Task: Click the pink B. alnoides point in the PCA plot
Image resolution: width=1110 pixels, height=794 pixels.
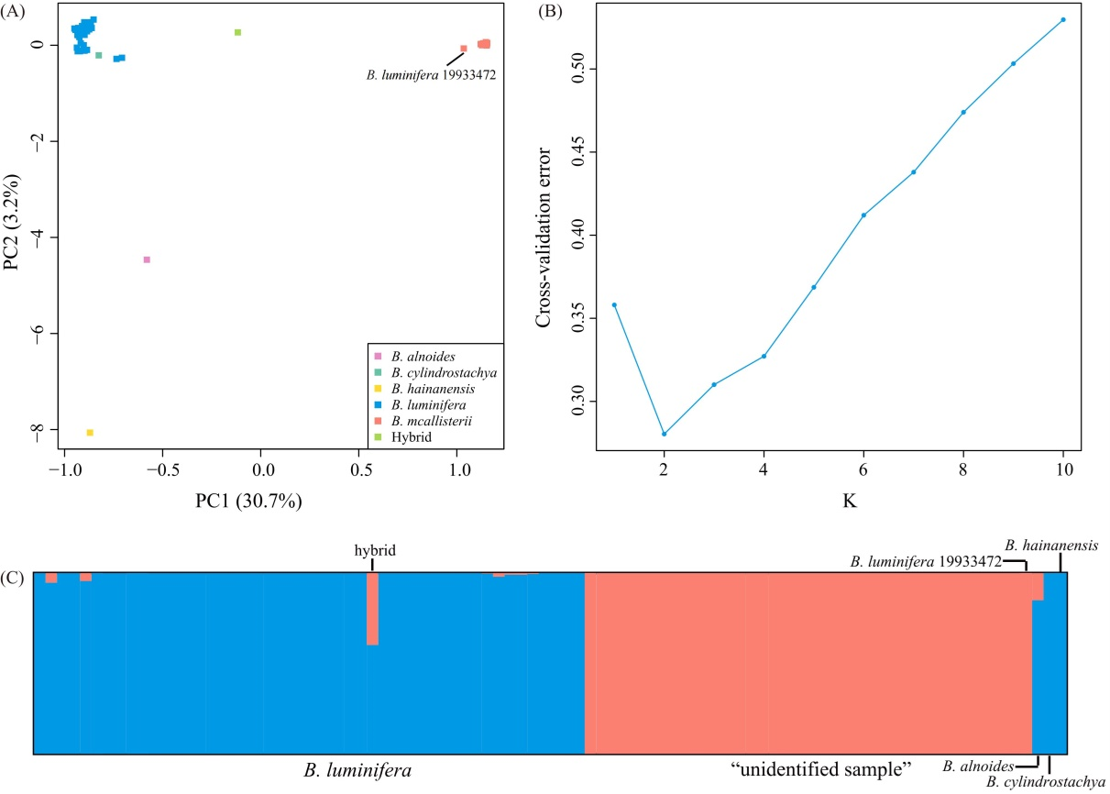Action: (146, 259)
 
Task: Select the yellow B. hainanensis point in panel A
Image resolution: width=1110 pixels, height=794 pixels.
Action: (90, 432)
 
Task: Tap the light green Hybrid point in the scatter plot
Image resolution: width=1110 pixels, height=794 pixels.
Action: (237, 32)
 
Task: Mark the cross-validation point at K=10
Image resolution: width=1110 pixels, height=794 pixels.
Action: (1063, 19)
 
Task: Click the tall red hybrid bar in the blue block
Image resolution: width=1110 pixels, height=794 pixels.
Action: (372, 609)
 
